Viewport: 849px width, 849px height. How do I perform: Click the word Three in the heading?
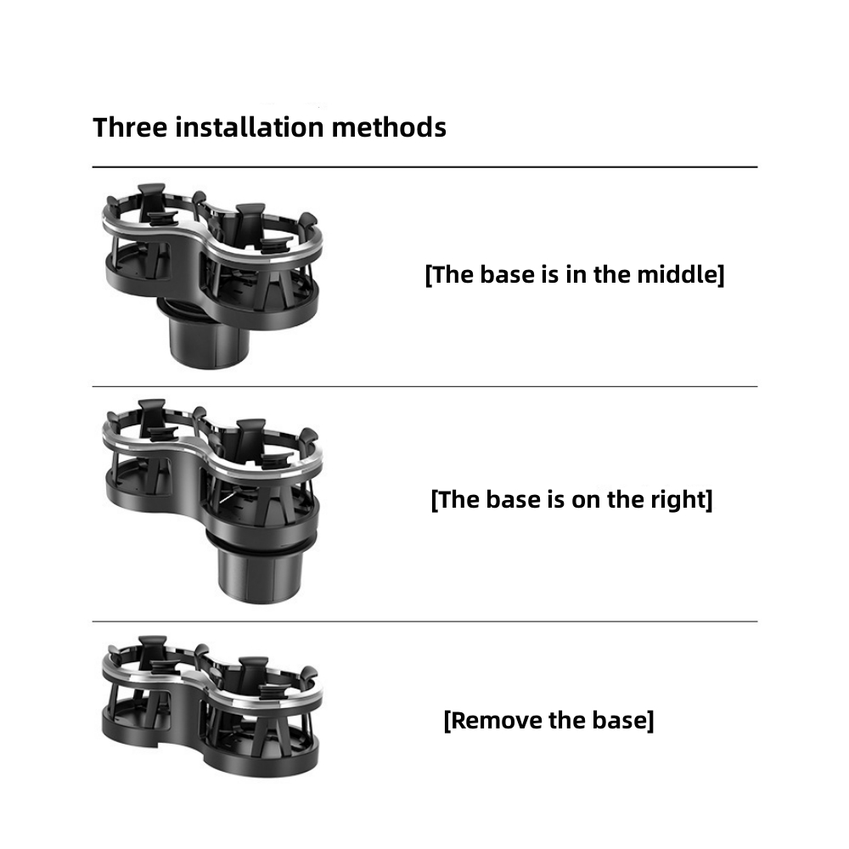coord(130,128)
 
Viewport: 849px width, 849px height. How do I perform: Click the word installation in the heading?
coord(250,128)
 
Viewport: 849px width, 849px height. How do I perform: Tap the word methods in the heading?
coord(389,128)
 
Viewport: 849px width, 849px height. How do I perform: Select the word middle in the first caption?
coord(680,274)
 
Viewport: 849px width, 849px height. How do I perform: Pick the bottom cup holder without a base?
coord(211,706)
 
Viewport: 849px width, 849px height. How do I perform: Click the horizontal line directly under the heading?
coord(424,167)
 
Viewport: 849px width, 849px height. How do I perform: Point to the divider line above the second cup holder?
coord(424,386)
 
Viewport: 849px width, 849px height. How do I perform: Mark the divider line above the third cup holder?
coord(424,621)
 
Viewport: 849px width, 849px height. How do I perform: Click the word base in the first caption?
coord(508,274)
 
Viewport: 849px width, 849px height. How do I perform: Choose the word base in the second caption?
coord(514,499)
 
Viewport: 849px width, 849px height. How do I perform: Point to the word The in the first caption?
coord(453,274)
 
